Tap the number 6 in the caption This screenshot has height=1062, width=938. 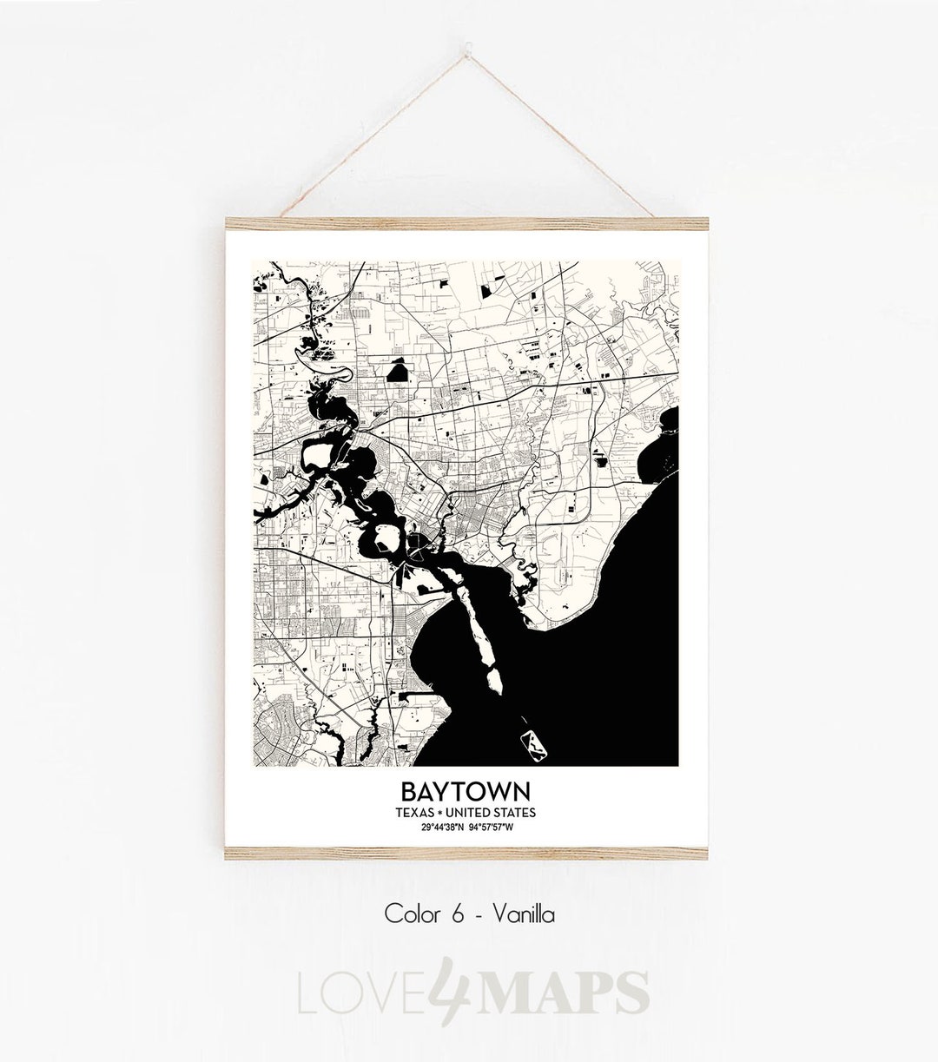(458, 914)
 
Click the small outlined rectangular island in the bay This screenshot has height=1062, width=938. (532, 741)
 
